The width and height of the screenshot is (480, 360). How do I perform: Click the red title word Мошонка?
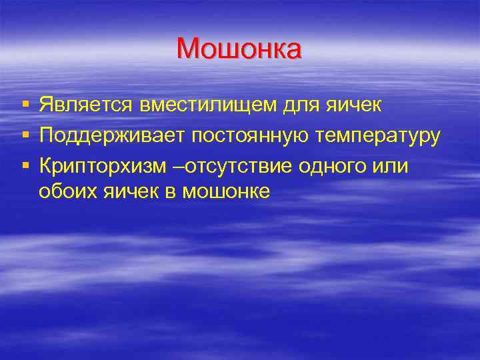pos(239,49)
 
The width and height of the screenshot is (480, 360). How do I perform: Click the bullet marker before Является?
pos(25,105)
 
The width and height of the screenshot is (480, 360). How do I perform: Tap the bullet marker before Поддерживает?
pos(25,136)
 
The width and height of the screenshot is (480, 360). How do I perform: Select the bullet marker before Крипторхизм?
pos(25,166)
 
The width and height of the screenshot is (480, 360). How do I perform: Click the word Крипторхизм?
pos(101,165)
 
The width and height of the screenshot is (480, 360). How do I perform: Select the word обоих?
pos(67,192)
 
